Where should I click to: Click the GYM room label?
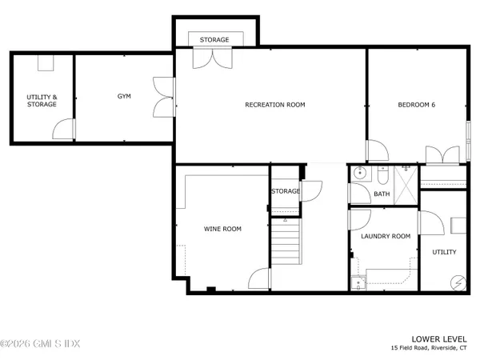coord(124,96)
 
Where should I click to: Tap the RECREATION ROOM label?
coord(274,105)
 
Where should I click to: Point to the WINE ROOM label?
coord(222,229)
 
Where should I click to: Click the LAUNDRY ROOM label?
coord(386,236)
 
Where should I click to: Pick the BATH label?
coord(382,194)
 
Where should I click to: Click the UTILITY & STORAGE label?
coord(42,100)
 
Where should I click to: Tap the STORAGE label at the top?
coord(214,39)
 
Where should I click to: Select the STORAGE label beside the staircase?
coord(285,191)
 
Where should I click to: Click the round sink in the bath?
coord(360,173)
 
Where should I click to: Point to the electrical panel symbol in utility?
coord(458,281)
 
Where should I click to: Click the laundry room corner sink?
coord(358,279)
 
